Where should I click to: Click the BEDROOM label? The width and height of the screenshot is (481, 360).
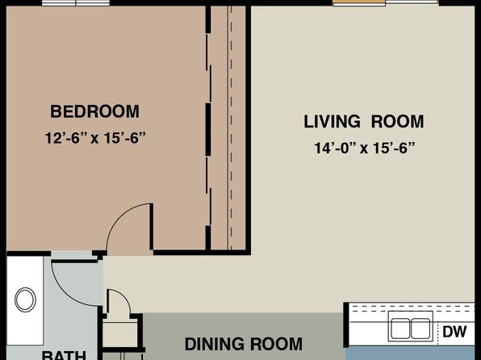coord(94,111)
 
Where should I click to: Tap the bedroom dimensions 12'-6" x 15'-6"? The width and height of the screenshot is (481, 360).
coord(95,138)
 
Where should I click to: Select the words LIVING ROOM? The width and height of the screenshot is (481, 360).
coord(364,122)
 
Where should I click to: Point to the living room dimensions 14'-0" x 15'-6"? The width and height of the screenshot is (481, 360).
coord(365,148)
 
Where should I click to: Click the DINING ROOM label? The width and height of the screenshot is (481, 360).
coord(244,344)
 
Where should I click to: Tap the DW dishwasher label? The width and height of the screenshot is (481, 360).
coord(454,332)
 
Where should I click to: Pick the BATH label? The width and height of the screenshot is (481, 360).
coord(64,355)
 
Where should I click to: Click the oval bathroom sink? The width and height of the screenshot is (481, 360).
coord(26,299)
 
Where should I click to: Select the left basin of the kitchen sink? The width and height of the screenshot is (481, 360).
coord(400,329)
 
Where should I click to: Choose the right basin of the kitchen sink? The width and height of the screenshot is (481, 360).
coord(420,329)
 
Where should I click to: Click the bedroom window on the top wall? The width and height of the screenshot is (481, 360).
coord(76,3)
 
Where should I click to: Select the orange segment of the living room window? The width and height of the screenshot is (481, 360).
coord(359,2)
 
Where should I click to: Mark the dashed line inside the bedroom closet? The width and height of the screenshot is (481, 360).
coord(231,128)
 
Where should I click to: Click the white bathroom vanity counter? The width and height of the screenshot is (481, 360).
coord(25,300)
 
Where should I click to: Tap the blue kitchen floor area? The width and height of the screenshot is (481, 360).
coord(410,354)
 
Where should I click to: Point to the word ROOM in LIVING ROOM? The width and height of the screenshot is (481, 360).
coord(398,122)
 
